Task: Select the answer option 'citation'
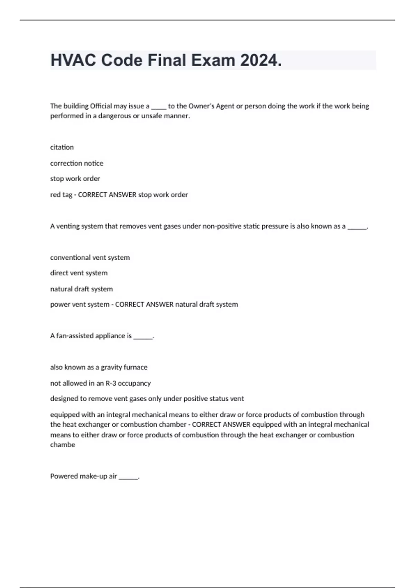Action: (x=62, y=147)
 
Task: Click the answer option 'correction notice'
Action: (x=77, y=163)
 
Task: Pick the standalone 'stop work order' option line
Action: (x=75, y=179)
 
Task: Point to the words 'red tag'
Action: (x=61, y=195)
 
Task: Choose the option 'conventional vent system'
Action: (x=90, y=258)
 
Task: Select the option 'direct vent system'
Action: (x=79, y=273)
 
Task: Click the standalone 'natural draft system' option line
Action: (x=82, y=289)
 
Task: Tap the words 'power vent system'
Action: (x=80, y=304)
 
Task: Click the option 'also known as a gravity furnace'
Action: (x=99, y=367)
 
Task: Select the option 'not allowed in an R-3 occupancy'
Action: (x=100, y=383)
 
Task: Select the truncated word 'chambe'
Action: (x=63, y=445)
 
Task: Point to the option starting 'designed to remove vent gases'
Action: (x=147, y=399)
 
